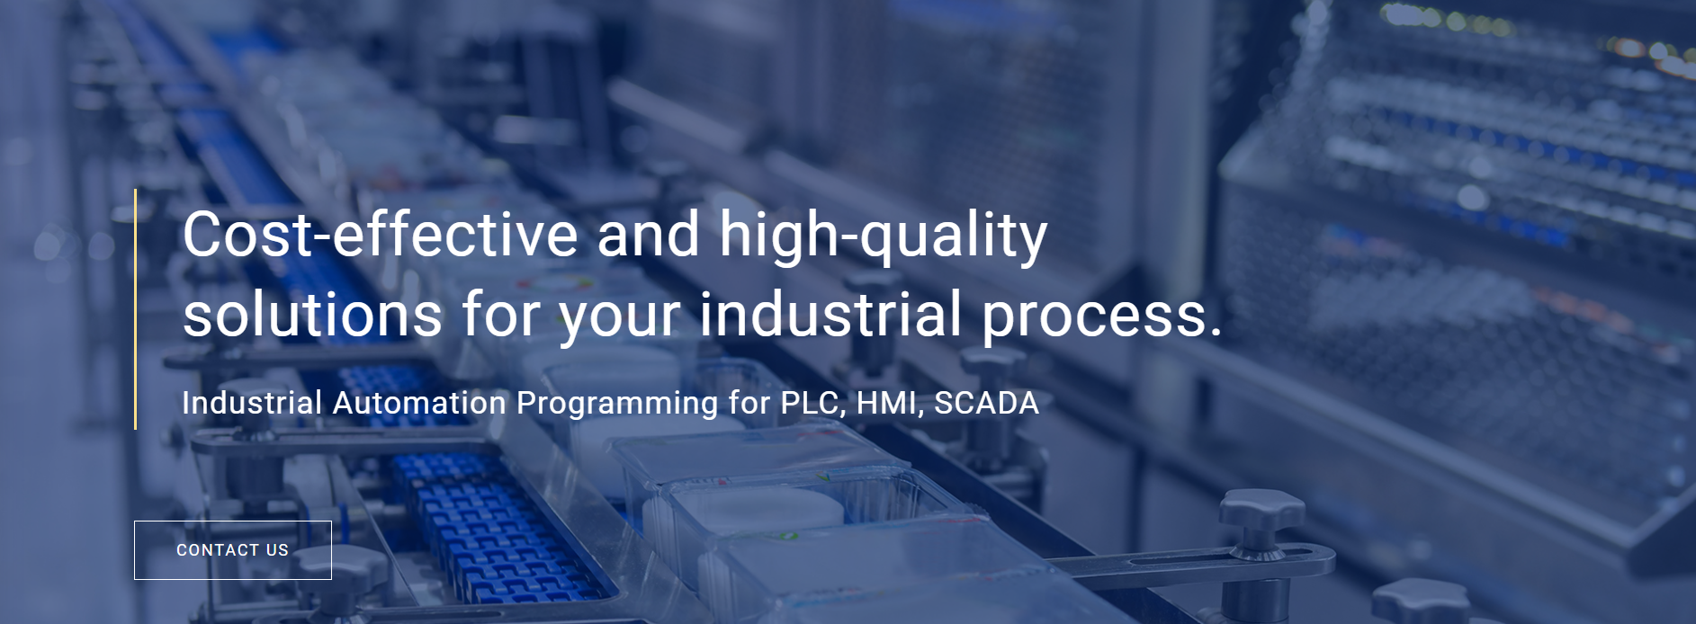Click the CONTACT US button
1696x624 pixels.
click(233, 550)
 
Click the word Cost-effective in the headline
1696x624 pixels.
click(381, 235)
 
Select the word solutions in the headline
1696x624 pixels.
click(312, 315)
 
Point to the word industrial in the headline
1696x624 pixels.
click(830, 315)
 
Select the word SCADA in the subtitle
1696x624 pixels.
click(986, 403)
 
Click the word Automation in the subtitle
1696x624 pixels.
click(419, 403)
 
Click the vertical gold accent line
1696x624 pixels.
click(135, 308)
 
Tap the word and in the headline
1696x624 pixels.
click(649, 235)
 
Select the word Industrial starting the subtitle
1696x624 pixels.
click(252, 403)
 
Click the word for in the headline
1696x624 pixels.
click(500, 315)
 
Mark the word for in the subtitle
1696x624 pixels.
click(749, 403)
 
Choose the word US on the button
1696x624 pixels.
click(277, 550)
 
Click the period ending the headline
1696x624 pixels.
click(1216, 334)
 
